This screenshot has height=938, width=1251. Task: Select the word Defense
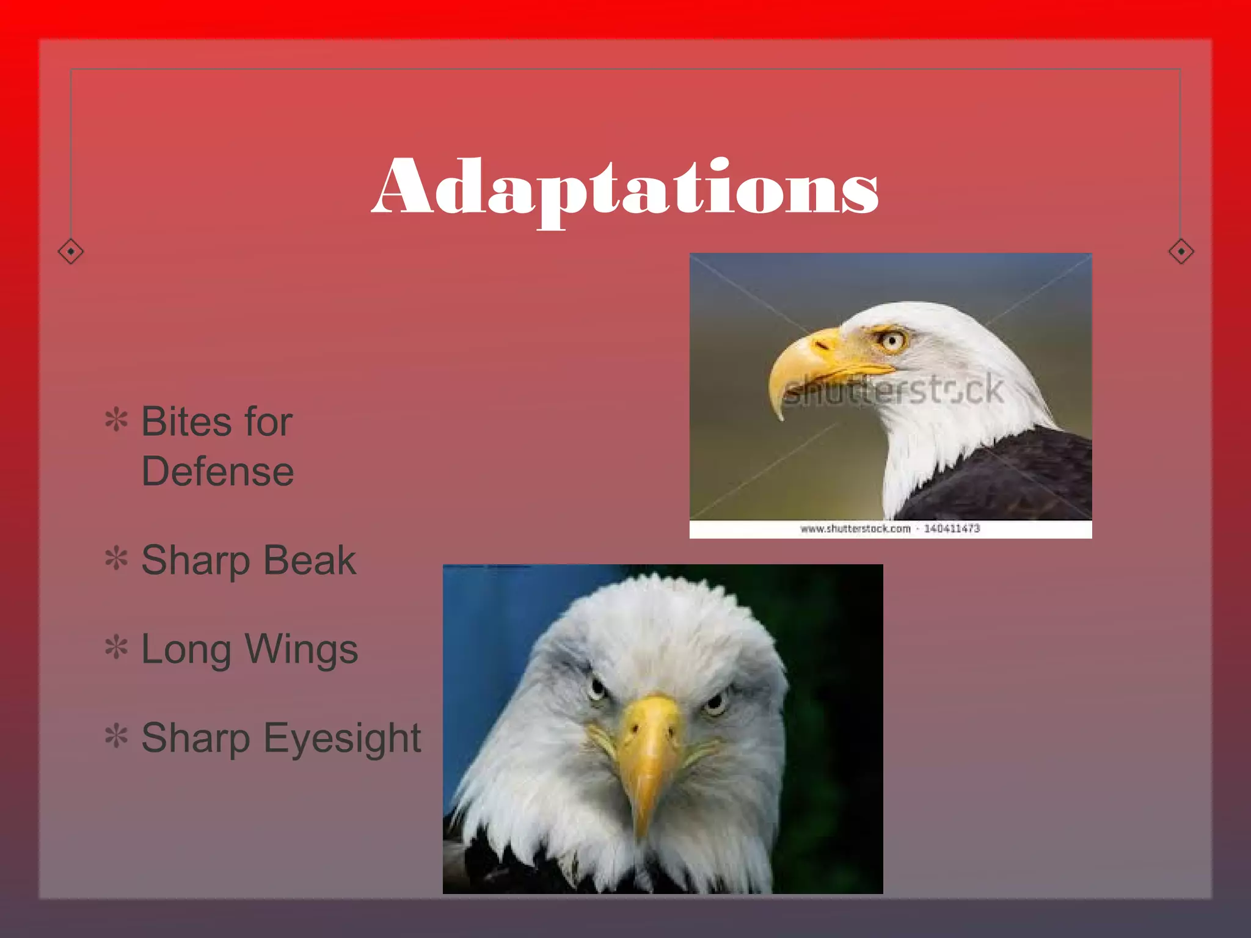[x=217, y=471]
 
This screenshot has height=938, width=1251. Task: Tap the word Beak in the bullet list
[x=310, y=560]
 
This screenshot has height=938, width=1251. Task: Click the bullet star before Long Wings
[x=116, y=647]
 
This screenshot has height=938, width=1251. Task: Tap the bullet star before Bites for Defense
[x=116, y=420]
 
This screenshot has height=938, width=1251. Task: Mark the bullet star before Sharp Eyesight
[x=116, y=736]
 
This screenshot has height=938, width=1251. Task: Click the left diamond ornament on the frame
[x=71, y=251]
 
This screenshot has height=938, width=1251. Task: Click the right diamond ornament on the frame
[x=1181, y=251]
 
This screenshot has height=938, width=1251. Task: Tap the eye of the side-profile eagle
[x=892, y=340]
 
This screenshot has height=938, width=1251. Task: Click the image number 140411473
[x=952, y=528]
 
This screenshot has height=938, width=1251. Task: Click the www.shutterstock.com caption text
[x=855, y=528]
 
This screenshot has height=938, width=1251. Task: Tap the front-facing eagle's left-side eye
[x=597, y=690]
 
